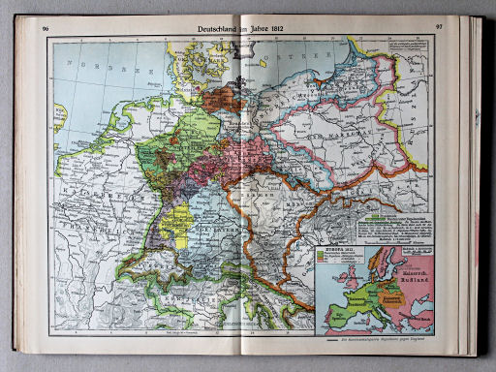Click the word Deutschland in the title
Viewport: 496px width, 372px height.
[222, 29]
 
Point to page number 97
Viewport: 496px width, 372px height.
[440, 28]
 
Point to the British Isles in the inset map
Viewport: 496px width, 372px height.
[345, 282]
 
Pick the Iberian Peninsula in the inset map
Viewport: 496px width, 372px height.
[338, 319]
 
